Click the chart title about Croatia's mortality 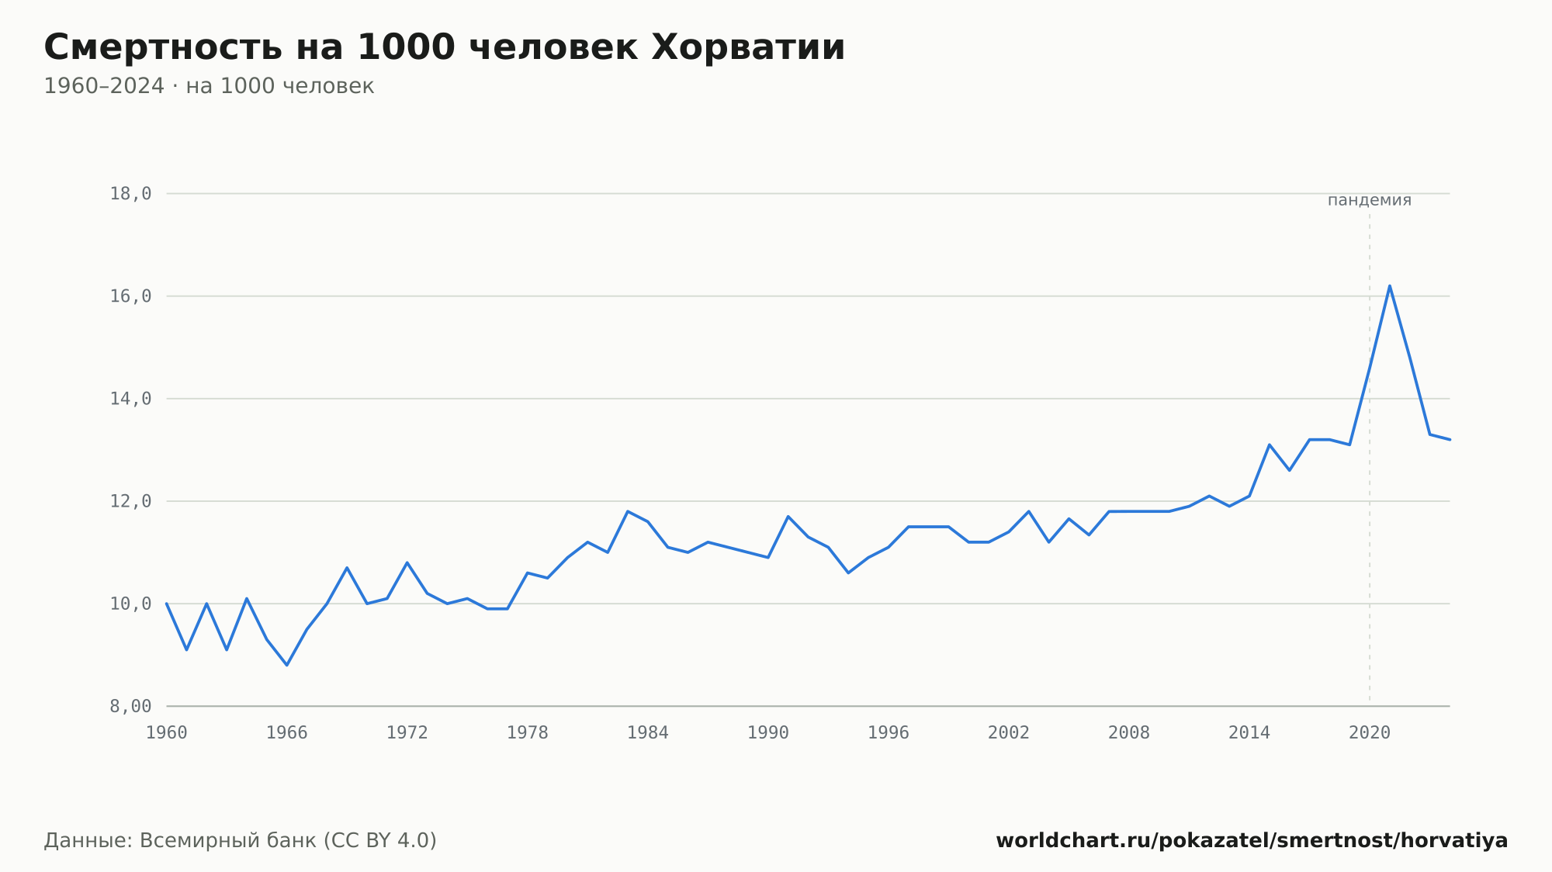tap(444, 47)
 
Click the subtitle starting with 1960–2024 tap(209, 86)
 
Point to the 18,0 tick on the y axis tap(130, 194)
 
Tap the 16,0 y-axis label tap(130, 296)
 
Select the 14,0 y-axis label tap(130, 399)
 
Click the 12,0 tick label tap(130, 501)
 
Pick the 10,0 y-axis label tap(130, 604)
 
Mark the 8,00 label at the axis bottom tap(130, 706)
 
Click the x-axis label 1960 tap(167, 733)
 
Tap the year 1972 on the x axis tap(407, 733)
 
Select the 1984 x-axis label tap(648, 733)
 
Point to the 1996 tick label tap(889, 733)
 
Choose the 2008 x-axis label tap(1129, 733)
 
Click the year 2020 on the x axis tap(1370, 733)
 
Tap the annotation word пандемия tap(1370, 200)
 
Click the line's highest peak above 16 tap(1389, 285)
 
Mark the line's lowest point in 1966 tap(287, 665)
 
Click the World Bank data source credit tap(241, 840)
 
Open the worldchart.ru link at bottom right tap(1252, 840)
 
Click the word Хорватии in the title tap(748, 47)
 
